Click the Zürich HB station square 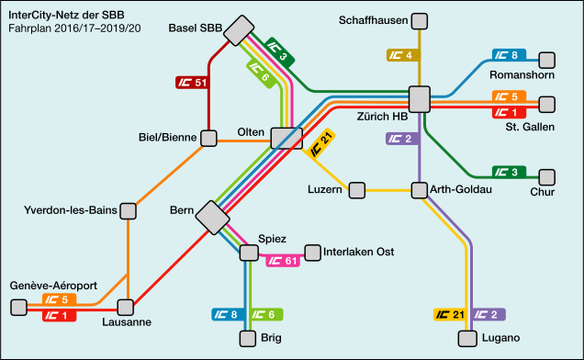pyautogui.click(x=420, y=98)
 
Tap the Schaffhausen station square pyautogui.click(x=419, y=20)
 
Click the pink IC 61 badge pyautogui.click(x=283, y=261)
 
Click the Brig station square pyautogui.click(x=247, y=338)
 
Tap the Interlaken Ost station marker pyautogui.click(x=312, y=252)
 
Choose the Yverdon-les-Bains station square pyautogui.click(x=129, y=211)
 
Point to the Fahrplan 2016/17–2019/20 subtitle pyautogui.click(x=74, y=29)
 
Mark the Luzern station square pyautogui.click(x=356, y=190)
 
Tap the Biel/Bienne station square pyautogui.click(x=209, y=138)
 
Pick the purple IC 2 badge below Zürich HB pyautogui.click(x=402, y=139)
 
